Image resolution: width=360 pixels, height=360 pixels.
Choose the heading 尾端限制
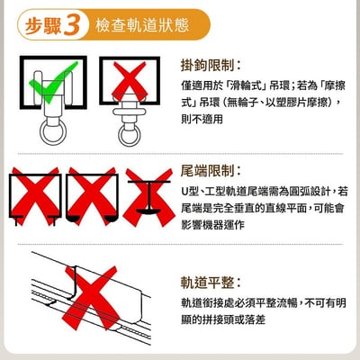coord(211,170)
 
